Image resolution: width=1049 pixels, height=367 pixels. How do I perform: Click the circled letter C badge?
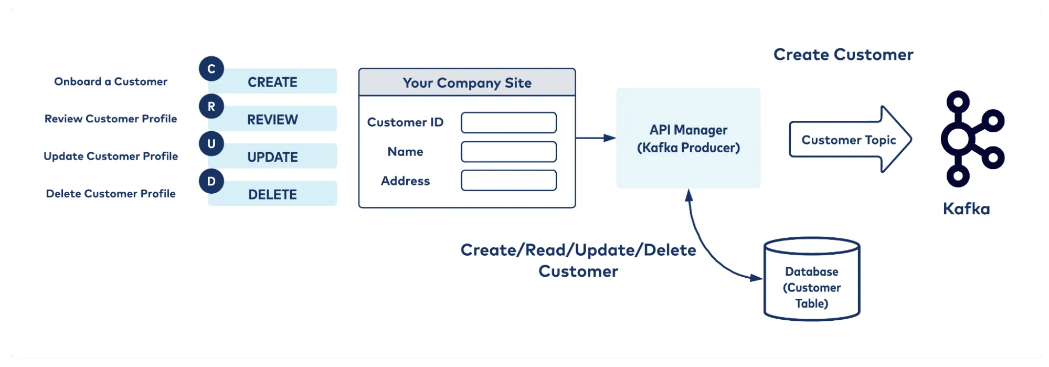tap(211, 69)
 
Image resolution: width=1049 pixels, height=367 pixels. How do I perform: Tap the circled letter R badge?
tap(211, 107)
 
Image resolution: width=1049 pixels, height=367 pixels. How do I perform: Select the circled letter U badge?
tap(211, 144)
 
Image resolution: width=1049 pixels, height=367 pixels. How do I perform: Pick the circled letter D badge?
tap(211, 181)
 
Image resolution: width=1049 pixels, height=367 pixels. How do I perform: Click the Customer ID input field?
tap(508, 122)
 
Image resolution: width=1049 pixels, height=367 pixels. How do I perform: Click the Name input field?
tap(508, 152)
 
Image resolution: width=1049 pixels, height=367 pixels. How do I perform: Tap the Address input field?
tap(508, 181)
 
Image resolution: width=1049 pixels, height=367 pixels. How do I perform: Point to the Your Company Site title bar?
tap(467, 82)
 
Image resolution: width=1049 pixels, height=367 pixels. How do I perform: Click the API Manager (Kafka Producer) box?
tap(688, 138)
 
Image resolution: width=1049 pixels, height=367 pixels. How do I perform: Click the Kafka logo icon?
tap(971, 139)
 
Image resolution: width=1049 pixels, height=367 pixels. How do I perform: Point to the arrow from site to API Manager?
tap(596, 138)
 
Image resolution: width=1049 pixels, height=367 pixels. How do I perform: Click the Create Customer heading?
tap(843, 55)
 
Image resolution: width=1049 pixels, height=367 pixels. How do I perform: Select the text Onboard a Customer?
tap(111, 81)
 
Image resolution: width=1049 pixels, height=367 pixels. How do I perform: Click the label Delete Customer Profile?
tap(111, 194)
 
